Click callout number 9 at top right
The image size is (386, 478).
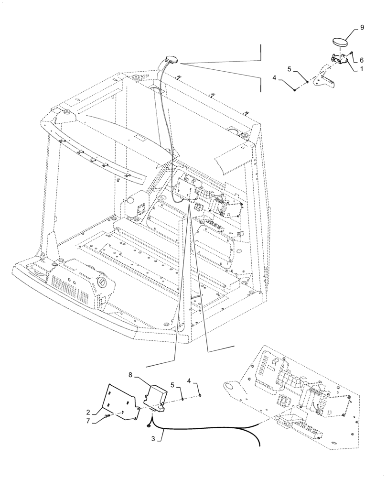(362, 28)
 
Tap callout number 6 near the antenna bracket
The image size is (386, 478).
(362, 60)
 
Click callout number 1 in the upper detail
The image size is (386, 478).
(362, 69)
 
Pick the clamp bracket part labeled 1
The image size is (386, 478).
(340, 59)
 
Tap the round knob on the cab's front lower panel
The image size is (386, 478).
(103, 284)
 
